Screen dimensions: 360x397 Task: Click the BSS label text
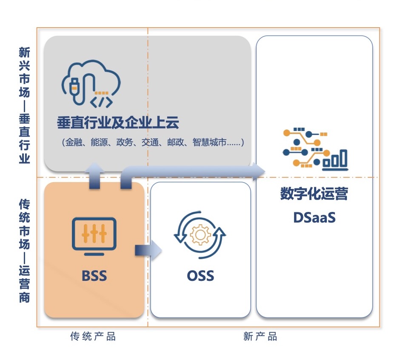(x=94, y=276)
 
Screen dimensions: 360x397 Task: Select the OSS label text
(x=200, y=276)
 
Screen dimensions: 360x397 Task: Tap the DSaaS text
(x=314, y=217)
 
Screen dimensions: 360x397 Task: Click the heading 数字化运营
(x=314, y=194)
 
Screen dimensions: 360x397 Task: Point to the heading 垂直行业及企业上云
(x=118, y=123)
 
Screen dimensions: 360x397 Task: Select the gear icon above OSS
(x=200, y=235)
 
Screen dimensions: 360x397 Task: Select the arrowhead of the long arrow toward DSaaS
(x=258, y=171)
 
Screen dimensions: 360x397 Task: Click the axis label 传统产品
(x=93, y=337)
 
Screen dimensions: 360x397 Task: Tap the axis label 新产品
(x=260, y=337)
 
